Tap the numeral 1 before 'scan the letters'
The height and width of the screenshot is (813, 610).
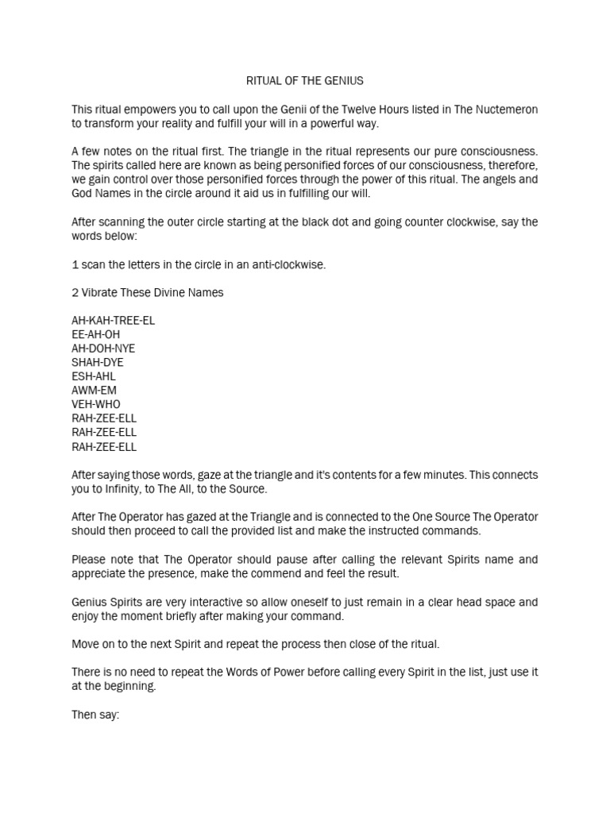click(x=75, y=264)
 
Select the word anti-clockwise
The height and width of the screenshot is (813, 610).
click(x=288, y=264)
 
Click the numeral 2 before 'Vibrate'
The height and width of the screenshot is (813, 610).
click(x=75, y=292)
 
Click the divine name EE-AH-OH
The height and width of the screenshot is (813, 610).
click(x=95, y=335)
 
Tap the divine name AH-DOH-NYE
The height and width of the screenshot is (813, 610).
click(x=101, y=349)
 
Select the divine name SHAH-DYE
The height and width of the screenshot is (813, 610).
click(x=98, y=363)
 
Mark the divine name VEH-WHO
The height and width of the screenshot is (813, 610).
click(x=96, y=404)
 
